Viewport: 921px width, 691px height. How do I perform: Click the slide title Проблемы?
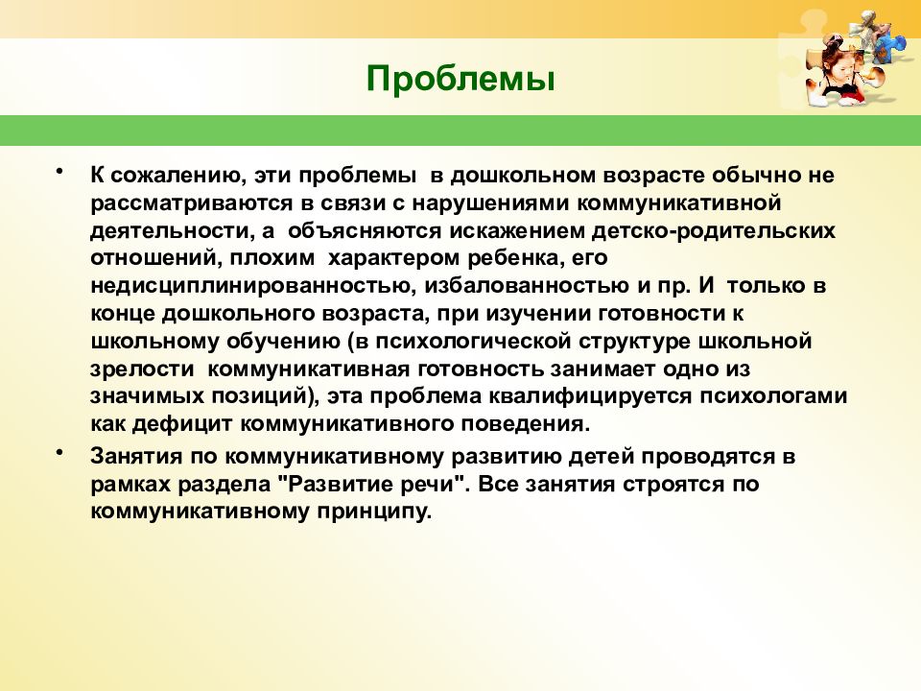[460, 78]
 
